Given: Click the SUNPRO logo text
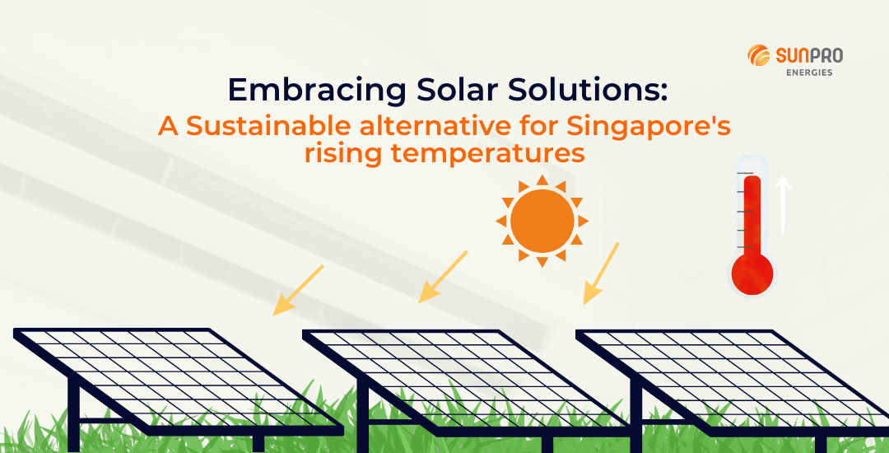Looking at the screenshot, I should point(808,55).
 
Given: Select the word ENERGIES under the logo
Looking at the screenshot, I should point(809,72).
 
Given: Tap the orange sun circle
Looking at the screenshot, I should point(542,220).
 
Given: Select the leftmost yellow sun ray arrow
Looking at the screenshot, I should point(298,290).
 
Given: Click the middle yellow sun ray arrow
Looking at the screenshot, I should point(443,277).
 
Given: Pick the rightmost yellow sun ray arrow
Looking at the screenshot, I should point(601,273).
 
